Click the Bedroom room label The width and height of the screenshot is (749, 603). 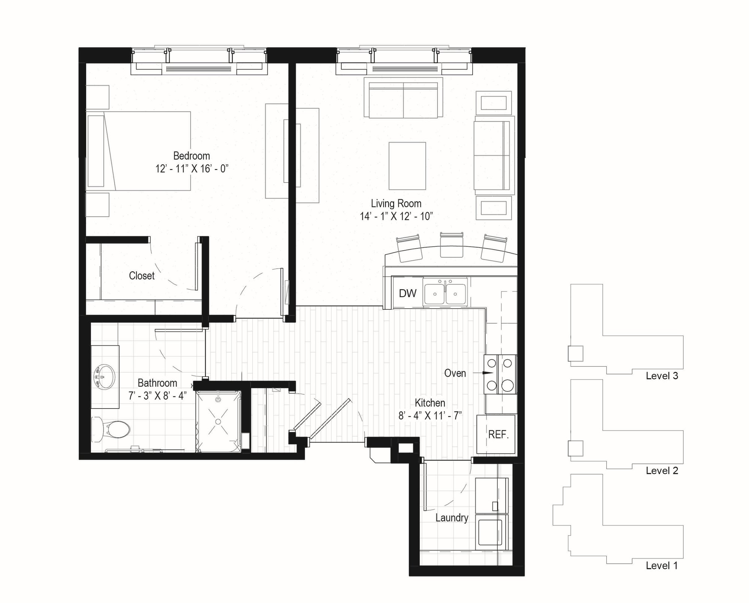point(191,156)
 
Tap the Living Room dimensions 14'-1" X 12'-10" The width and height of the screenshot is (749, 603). point(396,216)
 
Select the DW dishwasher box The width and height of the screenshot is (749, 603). point(407,293)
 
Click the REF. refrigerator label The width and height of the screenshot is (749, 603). point(498,435)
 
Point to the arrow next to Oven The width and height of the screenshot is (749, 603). point(483,373)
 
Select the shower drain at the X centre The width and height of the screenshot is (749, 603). point(218,421)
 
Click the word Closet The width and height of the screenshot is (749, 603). point(142,276)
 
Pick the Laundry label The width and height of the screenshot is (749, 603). point(452,518)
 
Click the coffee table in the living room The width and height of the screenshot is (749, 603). point(407,166)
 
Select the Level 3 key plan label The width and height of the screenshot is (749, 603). point(662,376)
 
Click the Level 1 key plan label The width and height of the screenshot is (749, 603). point(662,566)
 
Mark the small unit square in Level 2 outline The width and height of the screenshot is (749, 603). point(575,448)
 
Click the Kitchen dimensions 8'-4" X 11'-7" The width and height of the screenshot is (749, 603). point(430,416)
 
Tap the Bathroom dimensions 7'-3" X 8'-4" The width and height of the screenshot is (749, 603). point(157,396)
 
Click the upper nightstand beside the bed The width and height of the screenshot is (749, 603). point(97,97)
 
